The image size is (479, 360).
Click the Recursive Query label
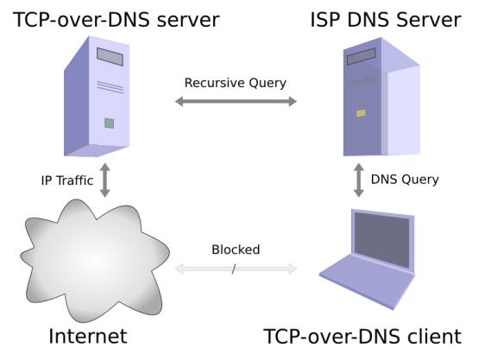click(x=236, y=84)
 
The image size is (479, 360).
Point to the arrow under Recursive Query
click(x=236, y=102)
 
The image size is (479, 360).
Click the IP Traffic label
click(x=66, y=180)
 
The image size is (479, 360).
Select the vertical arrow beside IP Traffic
click(x=105, y=180)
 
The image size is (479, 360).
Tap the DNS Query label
click(x=405, y=180)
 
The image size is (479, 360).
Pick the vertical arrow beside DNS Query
click(x=356, y=180)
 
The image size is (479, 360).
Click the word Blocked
click(x=236, y=250)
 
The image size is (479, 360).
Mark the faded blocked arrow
click(x=236, y=269)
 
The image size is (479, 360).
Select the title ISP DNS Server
click(x=385, y=18)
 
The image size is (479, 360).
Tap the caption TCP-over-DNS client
click(x=362, y=337)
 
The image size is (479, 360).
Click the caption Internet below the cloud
click(x=88, y=336)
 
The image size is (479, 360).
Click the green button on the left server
click(x=110, y=123)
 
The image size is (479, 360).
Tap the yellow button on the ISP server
click(x=361, y=113)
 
